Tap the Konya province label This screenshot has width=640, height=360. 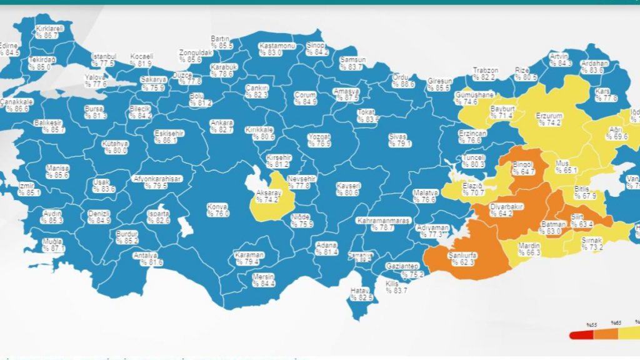218,209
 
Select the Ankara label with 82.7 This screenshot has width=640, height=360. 222,126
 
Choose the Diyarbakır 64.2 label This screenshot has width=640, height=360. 487,209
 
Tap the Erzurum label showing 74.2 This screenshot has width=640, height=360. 549,119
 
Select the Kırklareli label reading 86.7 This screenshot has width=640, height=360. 49,32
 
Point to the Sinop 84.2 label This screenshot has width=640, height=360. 317,49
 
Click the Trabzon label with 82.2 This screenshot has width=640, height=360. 484,74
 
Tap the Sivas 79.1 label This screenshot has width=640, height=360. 398,140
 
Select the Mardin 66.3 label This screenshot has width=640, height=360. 529,249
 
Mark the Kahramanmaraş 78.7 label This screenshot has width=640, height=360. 383,224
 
